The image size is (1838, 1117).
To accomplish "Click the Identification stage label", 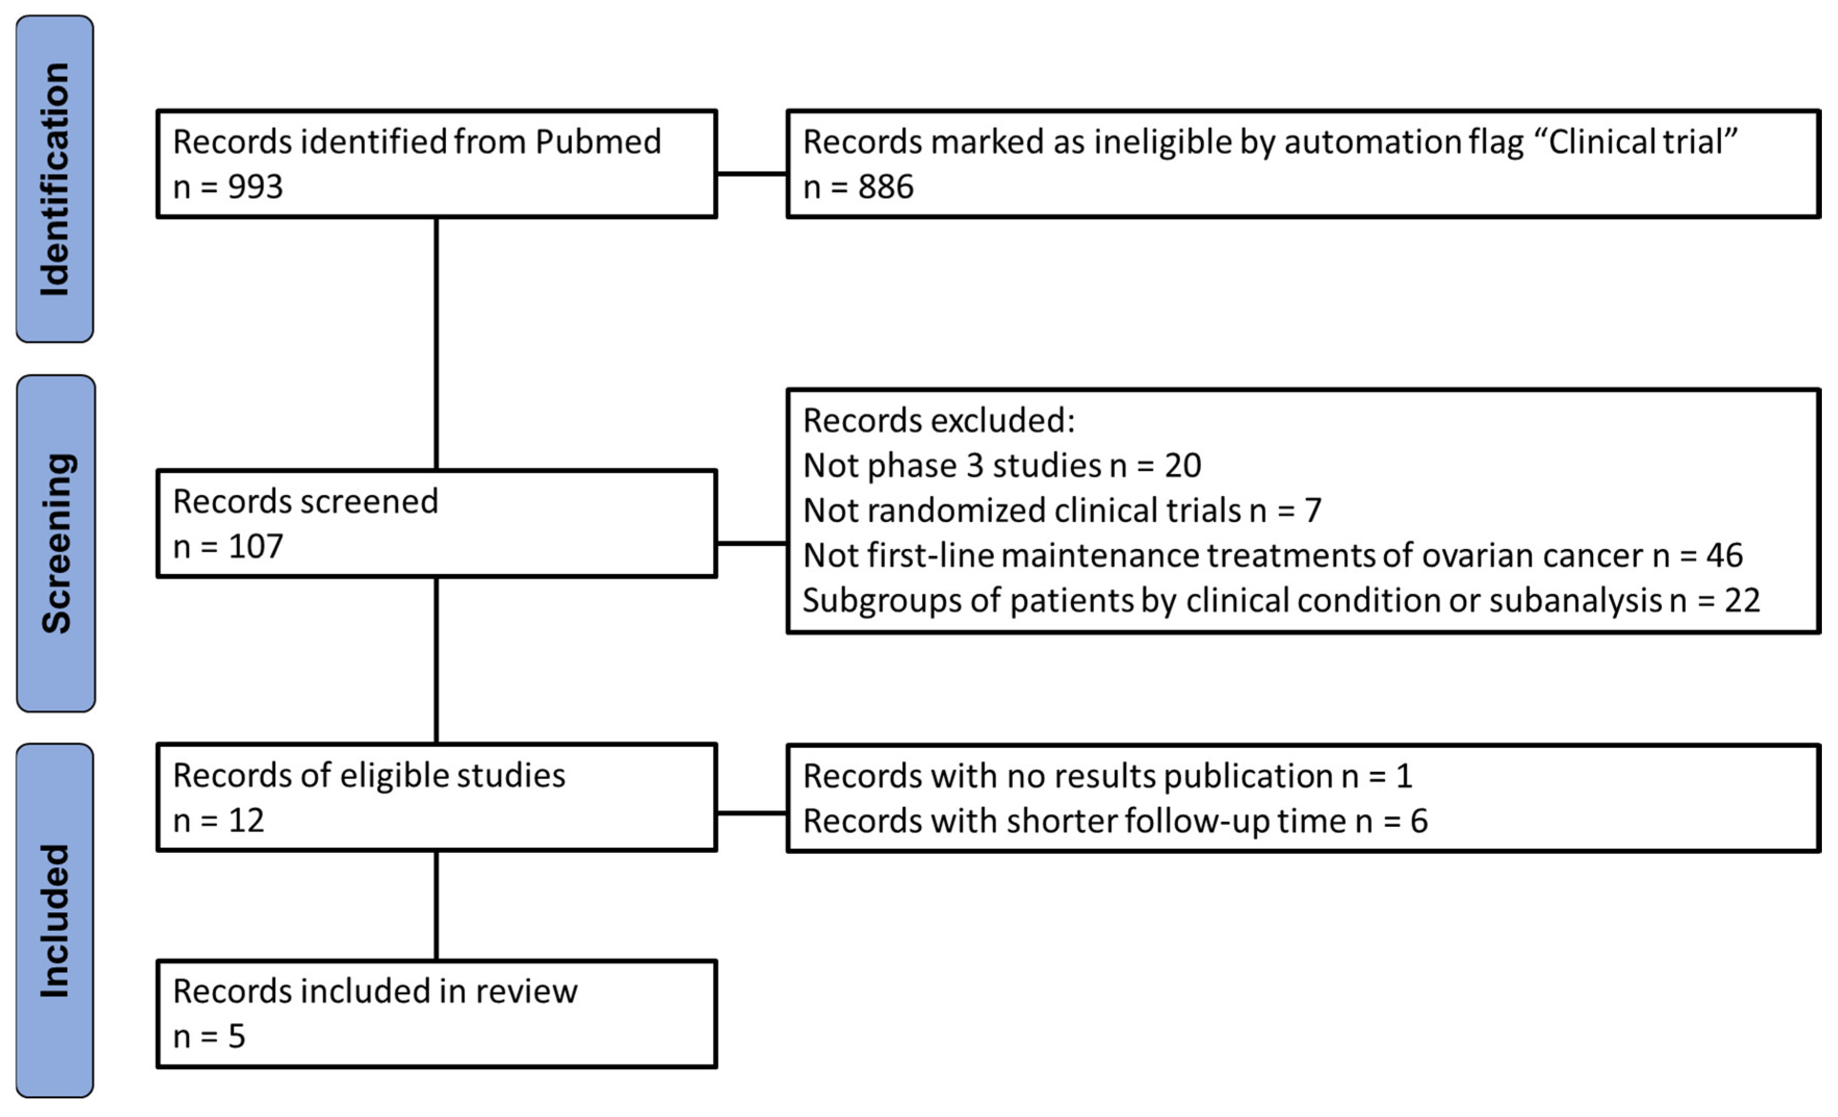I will [55, 179].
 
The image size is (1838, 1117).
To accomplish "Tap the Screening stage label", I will [56, 543].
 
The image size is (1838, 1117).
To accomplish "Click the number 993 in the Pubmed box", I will [255, 187].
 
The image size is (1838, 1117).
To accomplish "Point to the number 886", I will [885, 187].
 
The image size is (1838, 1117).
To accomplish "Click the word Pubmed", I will [598, 142].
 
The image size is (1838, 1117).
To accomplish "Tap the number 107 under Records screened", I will [255, 546].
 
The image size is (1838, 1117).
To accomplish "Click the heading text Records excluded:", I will [938, 421].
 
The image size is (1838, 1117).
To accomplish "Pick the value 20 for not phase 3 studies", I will [1182, 465].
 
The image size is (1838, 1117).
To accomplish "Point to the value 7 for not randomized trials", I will [1313, 510].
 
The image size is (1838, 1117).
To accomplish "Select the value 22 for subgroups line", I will [1742, 600].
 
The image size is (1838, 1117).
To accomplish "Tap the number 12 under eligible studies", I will [246, 821].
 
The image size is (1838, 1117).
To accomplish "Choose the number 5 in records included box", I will [237, 1036].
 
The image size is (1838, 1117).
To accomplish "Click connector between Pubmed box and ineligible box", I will [751, 174].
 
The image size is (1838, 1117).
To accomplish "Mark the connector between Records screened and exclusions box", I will [751, 543].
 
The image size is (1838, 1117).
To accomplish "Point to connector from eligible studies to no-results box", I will [751, 813].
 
